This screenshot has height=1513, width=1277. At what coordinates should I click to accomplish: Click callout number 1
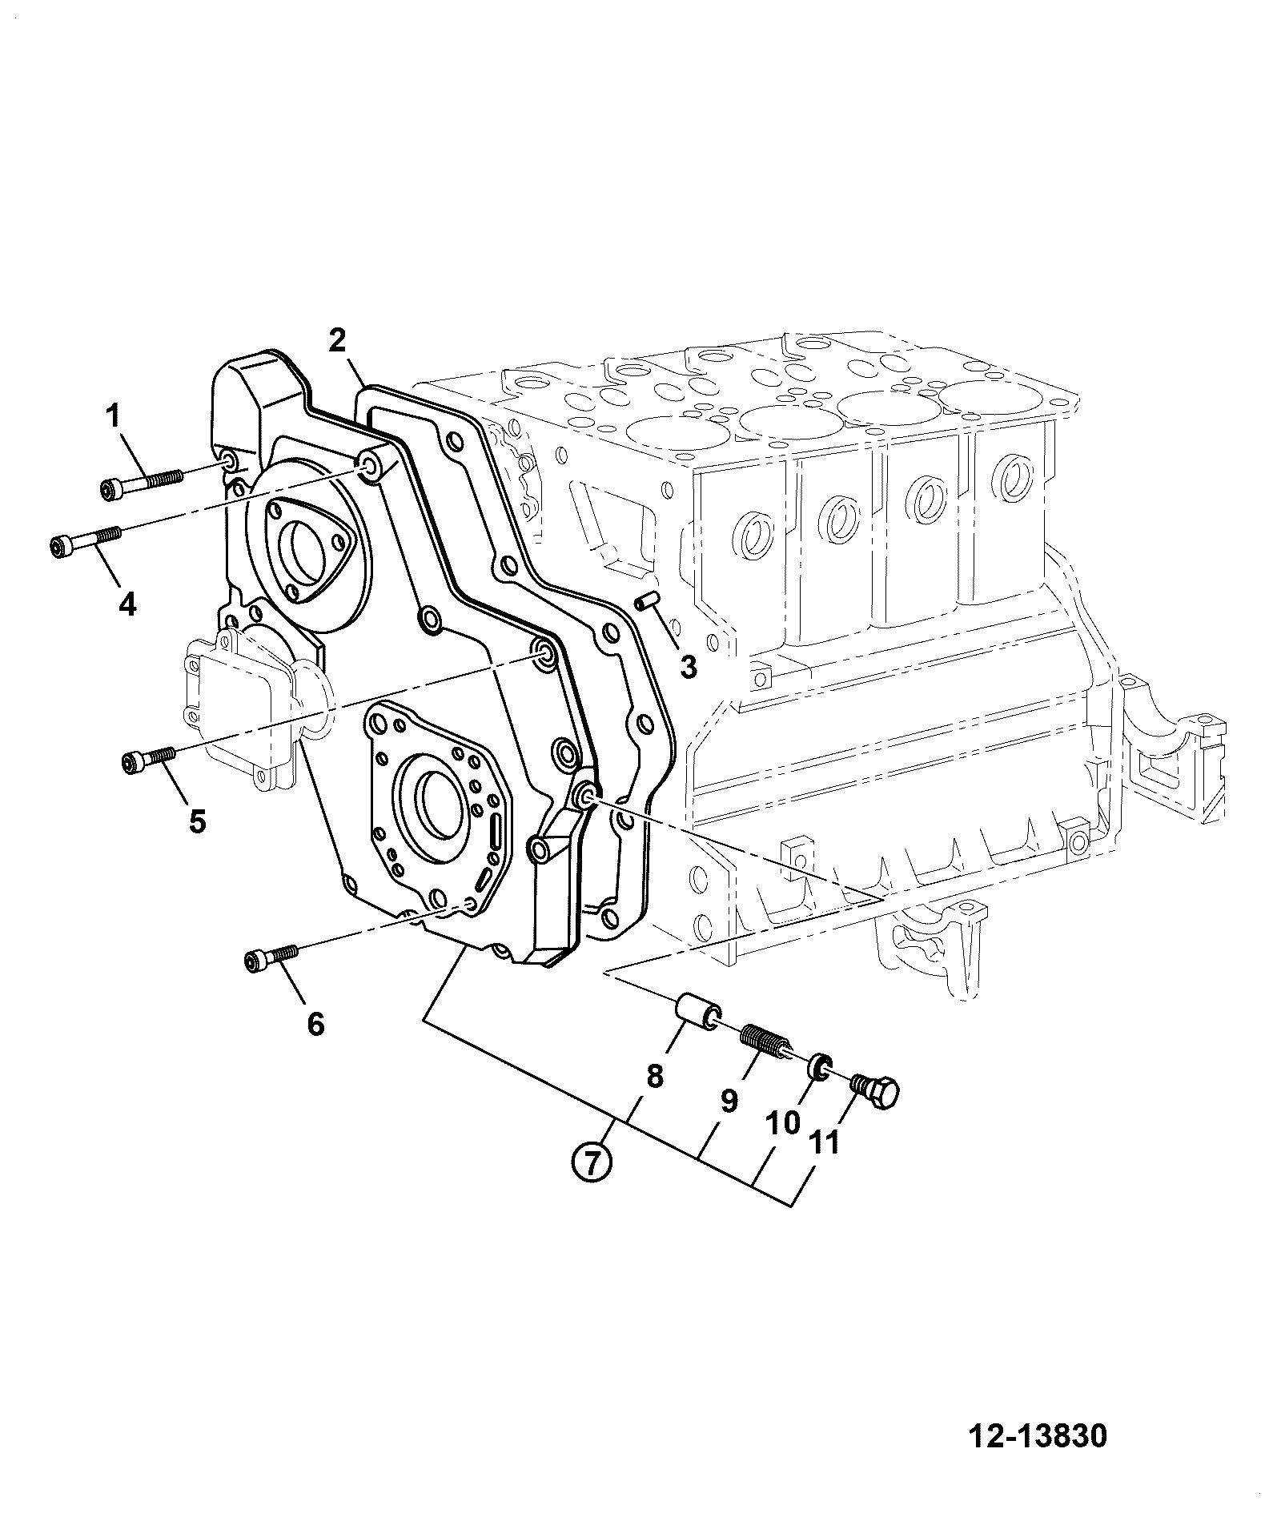113,416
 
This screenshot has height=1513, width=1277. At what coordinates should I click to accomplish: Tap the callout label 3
688,665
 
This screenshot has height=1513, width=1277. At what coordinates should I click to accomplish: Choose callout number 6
315,1022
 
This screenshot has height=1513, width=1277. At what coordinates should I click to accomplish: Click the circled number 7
591,1162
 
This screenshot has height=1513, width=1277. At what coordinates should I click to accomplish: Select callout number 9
728,1102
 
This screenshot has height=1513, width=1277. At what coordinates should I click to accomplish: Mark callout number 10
782,1122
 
